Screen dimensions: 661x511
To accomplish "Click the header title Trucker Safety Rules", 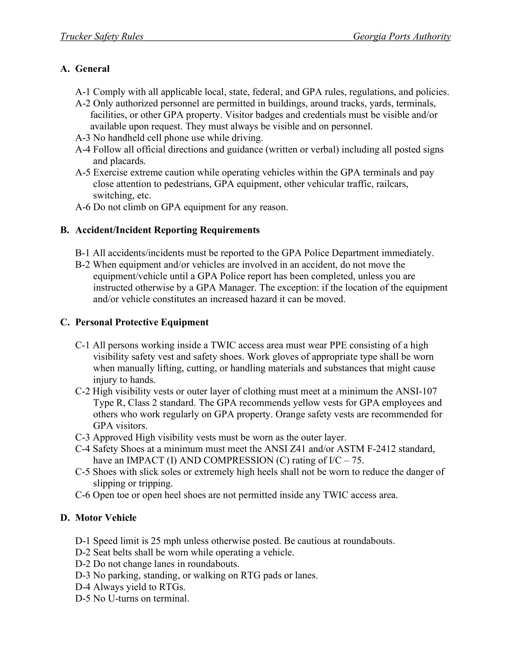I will point(101,37).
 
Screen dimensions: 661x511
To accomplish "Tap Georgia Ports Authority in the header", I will point(402,37).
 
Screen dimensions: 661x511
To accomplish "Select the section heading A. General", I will point(85,69).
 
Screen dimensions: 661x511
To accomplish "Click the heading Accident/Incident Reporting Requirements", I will point(167,230).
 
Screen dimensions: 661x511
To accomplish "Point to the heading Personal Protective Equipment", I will point(142,323).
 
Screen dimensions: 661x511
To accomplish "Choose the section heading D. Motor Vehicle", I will point(99,518).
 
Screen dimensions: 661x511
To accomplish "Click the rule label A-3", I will point(83,138).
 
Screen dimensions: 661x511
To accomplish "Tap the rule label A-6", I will point(83,207).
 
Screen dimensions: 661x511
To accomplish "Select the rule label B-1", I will point(83,253).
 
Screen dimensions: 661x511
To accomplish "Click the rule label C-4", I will point(83,449).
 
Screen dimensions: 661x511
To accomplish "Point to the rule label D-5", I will point(83,599).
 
